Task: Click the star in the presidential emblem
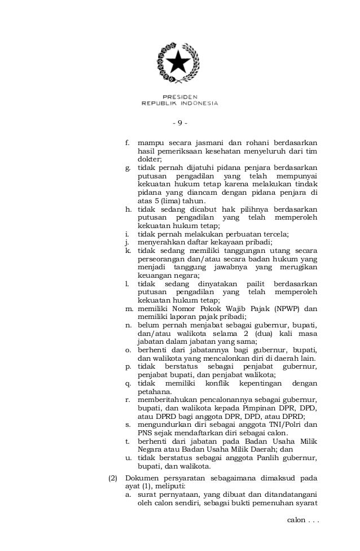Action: pyautogui.click(x=180, y=60)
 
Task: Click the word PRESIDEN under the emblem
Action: pyautogui.click(x=179, y=97)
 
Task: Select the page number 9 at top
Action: pyautogui.click(x=179, y=123)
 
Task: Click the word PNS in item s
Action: pyautogui.click(x=145, y=433)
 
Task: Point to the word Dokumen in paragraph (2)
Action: pyautogui.click(x=143, y=478)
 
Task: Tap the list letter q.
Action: pyautogui.click(x=128, y=383)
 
